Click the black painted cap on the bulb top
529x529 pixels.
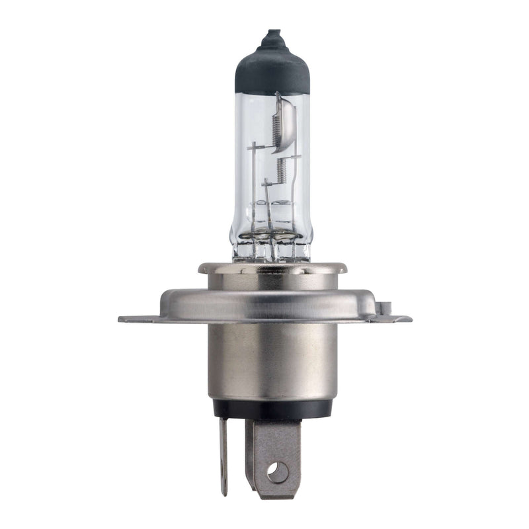click(272, 69)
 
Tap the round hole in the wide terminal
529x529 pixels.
click(278, 471)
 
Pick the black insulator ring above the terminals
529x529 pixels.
click(272, 408)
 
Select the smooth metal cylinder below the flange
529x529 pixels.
click(272, 360)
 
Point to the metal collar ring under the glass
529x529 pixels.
click(272, 268)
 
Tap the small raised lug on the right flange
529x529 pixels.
click(386, 308)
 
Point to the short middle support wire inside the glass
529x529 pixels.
click(267, 198)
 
